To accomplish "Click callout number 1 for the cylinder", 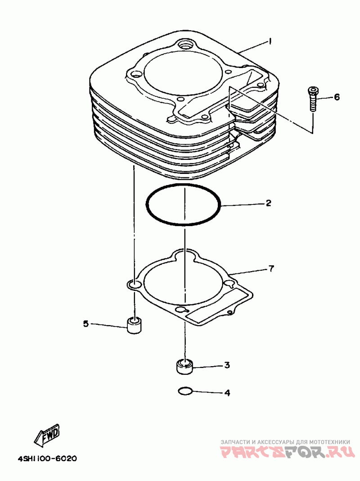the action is coord(270,41).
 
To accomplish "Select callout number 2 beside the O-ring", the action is coord(268,204).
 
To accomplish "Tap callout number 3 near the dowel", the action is coord(227,365).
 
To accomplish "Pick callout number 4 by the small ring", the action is coord(227,393).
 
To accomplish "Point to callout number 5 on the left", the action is coord(85,323).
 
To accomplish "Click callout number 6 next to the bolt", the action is coord(337,97).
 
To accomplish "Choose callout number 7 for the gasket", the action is coord(271,269).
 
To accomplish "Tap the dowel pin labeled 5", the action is coord(134,325).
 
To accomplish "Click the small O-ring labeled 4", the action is coord(185,391).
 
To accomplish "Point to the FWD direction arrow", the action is coord(46,434).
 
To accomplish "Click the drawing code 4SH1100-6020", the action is coord(47,459).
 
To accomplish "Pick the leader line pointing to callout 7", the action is coord(247,272).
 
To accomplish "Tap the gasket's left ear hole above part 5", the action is coord(134,284).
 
